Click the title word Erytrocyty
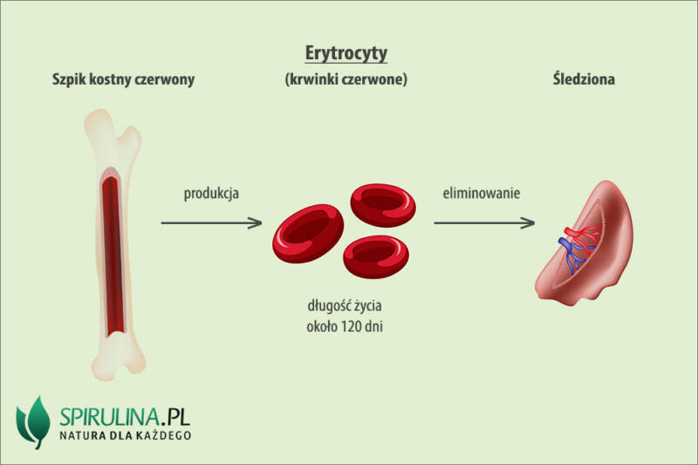pos(346,52)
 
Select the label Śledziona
pos(584,79)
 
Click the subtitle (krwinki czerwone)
pos(346,79)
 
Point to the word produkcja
pos(210,193)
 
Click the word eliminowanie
pos(482,193)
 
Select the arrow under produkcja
pos(212,223)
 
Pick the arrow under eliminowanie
pos(484,223)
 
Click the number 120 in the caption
pos(350,329)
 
